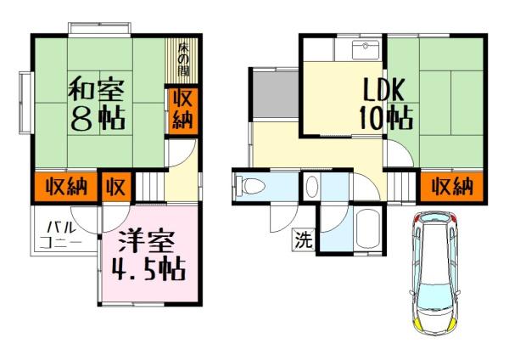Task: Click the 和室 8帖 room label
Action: tap(97, 104)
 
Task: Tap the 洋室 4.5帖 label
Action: tap(148, 256)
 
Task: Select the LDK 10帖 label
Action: tap(385, 104)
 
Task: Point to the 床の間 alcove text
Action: tap(183, 59)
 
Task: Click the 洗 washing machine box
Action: tap(304, 239)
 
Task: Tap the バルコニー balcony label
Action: tap(60, 234)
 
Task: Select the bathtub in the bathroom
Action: tap(368, 229)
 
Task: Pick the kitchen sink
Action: tap(366, 50)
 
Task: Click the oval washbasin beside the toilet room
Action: tap(312, 187)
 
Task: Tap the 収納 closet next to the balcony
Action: tap(66, 187)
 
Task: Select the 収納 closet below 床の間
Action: tap(182, 110)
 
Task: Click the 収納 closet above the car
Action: tap(452, 187)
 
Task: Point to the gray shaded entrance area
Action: tap(276, 94)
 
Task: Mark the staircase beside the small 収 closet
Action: tap(149, 187)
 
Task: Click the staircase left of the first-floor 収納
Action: tap(402, 187)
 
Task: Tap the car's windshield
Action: tap(434, 294)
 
